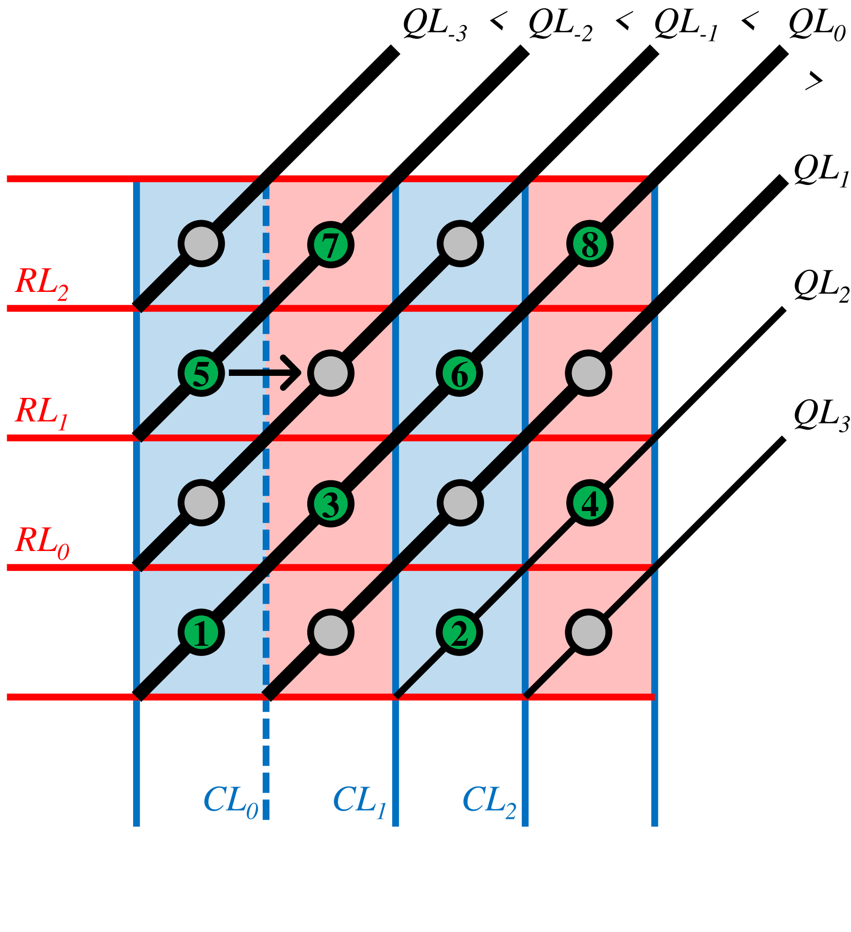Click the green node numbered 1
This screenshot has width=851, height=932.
pos(201,632)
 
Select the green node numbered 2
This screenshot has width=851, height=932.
pos(460,632)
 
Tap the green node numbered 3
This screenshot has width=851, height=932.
pos(331,503)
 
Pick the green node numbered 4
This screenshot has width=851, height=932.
pos(589,503)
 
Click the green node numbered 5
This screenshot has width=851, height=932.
pos(201,373)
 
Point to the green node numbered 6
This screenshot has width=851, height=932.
pos(460,373)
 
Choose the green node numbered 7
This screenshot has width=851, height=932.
pos(331,244)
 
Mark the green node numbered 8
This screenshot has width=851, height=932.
pos(590,244)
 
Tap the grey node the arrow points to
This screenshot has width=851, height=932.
pos(331,373)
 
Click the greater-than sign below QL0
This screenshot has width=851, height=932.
pos(814,80)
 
